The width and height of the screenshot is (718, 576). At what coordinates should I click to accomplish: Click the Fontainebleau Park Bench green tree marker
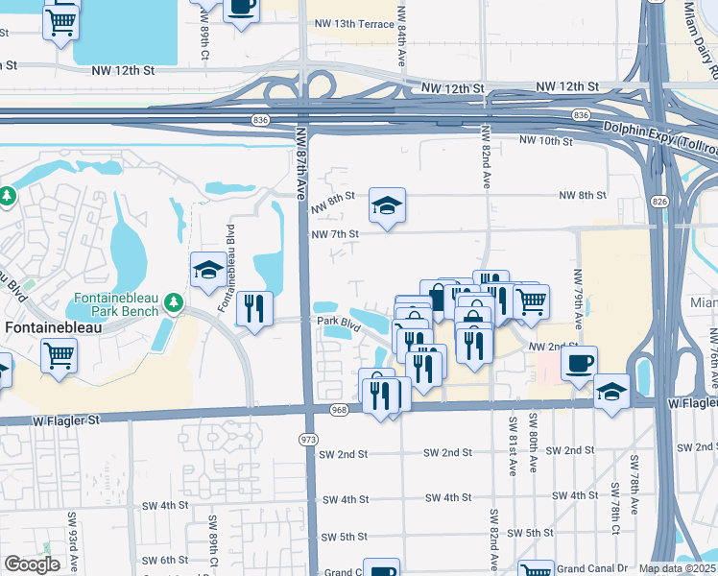point(174,303)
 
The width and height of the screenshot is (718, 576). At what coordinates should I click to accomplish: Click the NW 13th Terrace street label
point(353,23)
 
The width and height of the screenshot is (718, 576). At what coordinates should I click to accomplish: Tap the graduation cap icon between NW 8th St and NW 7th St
point(387,204)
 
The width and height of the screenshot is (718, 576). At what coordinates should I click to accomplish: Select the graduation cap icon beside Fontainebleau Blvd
point(207,270)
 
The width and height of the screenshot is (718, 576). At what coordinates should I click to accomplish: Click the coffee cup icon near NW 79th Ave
point(579,364)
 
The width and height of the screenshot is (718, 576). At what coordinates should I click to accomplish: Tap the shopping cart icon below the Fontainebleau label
point(60,355)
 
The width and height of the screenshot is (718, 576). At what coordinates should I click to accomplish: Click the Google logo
point(31,564)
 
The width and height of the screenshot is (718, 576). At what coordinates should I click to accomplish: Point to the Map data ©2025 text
point(678,568)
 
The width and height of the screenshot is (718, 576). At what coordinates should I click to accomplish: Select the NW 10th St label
point(544,141)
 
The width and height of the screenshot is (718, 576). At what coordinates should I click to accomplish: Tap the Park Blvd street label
point(338,323)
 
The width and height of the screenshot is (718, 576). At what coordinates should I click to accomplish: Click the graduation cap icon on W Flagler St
point(611,392)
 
